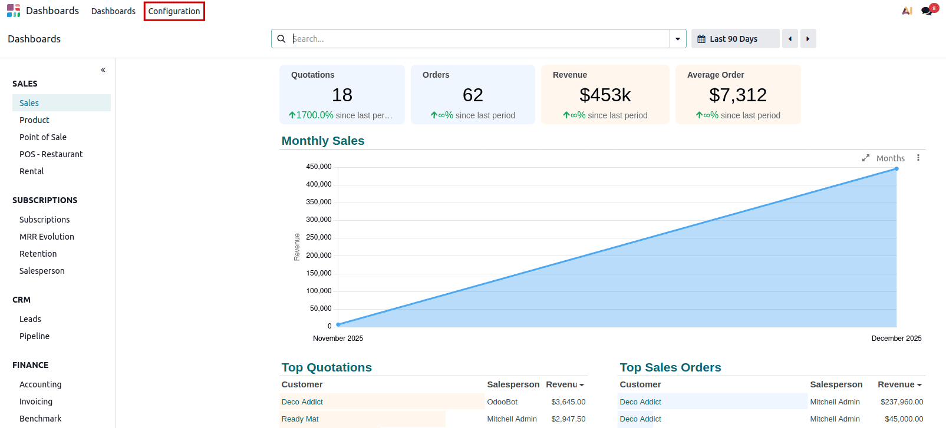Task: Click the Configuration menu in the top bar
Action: coord(174,11)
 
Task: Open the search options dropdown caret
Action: coord(678,39)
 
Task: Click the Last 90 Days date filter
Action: coord(734,39)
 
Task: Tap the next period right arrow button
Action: coord(808,39)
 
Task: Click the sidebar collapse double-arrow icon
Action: coord(103,70)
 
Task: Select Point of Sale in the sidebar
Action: coord(43,137)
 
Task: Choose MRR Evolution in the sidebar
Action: coord(47,237)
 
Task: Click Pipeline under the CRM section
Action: coord(34,336)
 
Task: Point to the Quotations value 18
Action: coord(342,95)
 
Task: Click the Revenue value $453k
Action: coord(605,95)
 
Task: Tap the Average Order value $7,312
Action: coord(737,95)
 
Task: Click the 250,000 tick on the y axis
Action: coord(319,237)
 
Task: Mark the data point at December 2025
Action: coord(896,169)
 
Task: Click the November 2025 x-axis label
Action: coord(338,339)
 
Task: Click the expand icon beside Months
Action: coord(866,158)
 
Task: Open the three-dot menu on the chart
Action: coord(918,158)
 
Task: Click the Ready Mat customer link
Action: coord(300,419)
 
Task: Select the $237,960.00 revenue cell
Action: coord(901,402)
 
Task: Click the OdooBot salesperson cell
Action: coord(502,402)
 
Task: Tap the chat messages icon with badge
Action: coord(927,11)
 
